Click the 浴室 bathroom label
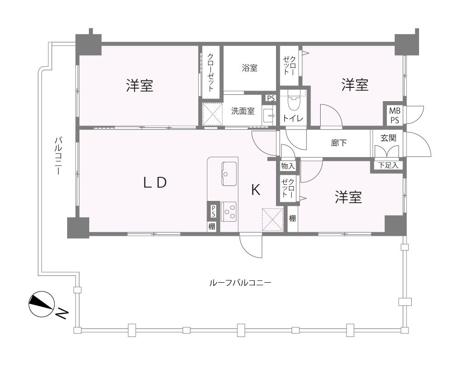(250, 68)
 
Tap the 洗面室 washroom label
(242, 111)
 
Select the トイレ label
(293, 118)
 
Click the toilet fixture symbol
(293, 100)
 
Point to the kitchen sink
(229, 173)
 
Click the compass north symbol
(42, 304)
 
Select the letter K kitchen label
(256, 190)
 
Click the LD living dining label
(155, 182)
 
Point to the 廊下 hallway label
(339, 143)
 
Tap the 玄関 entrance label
(388, 138)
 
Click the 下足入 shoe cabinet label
(388, 165)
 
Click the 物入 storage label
(288, 166)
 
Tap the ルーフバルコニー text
(240, 283)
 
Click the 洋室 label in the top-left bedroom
(140, 86)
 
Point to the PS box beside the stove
(213, 211)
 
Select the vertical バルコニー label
(58, 156)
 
